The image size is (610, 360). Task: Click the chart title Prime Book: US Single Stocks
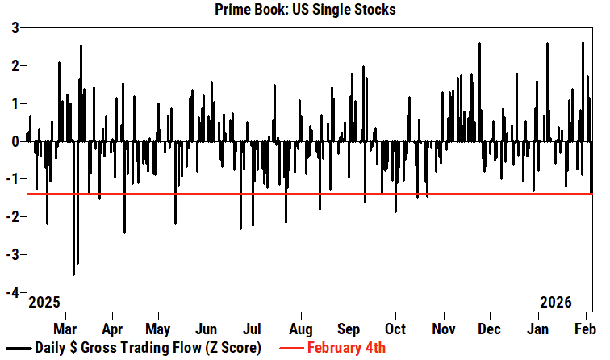click(x=306, y=10)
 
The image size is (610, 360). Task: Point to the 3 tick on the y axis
click(x=15, y=28)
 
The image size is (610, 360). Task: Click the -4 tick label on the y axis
click(x=13, y=292)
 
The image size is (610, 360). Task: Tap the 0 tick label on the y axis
click(x=15, y=141)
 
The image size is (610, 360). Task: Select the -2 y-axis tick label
click(x=13, y=217)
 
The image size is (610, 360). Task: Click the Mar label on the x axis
click(x=65, y=329)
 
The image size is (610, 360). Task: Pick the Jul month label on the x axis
click(x=253, y=329)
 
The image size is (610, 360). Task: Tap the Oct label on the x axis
click(x=395, y=329)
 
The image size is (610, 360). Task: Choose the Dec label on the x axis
click(x=489, y=329)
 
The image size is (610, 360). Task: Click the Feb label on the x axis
click(x=585, y=329)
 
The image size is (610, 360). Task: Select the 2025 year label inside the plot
click(x=45, y=302)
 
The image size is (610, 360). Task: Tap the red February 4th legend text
click(x=347, y=349)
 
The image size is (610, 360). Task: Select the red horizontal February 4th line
click(x=323, y=194)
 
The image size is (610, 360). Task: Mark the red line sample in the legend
click(x=292, y=349)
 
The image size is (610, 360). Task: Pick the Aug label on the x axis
click(x=301, y=329)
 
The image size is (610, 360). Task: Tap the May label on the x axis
click(x=159, y=329)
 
